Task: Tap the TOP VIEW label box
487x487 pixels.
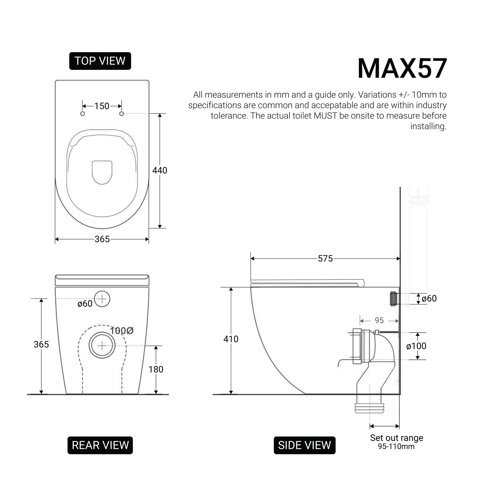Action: [100, 61]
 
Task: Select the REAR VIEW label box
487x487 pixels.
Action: [100, 445]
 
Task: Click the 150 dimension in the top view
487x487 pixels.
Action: [102, 106]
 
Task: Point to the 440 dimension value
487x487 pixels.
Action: [160, 171]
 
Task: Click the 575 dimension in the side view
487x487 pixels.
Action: [325, 259]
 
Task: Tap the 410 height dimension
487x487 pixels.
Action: [231, 339]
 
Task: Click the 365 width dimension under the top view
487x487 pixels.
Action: [102, 239]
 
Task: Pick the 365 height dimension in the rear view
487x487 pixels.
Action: [41, 345]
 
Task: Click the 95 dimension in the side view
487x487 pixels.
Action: [379, 320]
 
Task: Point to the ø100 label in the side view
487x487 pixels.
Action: [416, 346]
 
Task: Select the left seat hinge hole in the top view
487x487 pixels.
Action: [82, 114]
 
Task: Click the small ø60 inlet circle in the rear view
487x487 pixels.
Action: [102, 299]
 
